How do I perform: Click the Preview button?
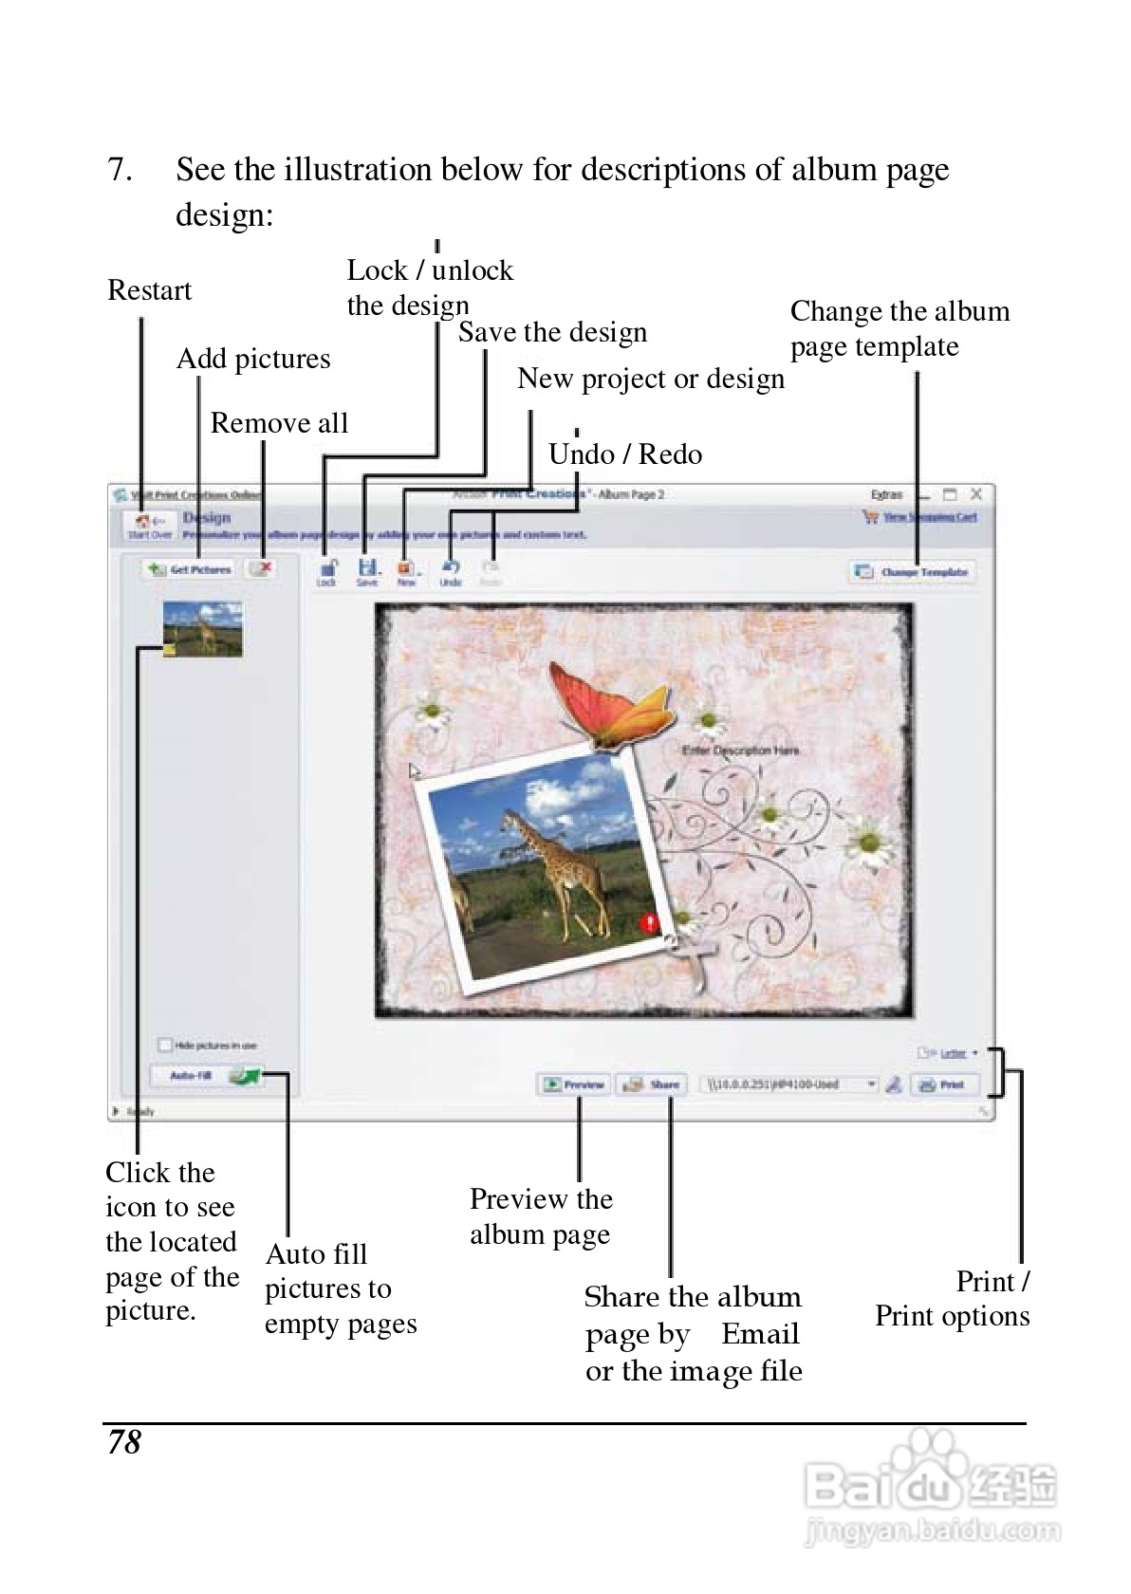pyautogui.click(x=575, y=1084)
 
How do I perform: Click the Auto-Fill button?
pyautogui.click(x=191, y=1076)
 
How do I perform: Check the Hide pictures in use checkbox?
pyautogui.click(x=165, y=1045)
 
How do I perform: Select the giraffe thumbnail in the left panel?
pyautogui.click(x=203, y=628)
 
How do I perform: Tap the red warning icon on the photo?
pyautogui.click(x=649, y=922)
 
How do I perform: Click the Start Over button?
pyautogui.click(x=150, y=525)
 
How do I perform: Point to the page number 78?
pyautogui.click(x=124, y=1442)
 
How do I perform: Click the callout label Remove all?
pyautogui.click(x=279, y=423)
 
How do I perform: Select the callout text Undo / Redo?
pyautogui.click(x=625, y=454)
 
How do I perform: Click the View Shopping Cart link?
pyautogui.click(x=929, y=517)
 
